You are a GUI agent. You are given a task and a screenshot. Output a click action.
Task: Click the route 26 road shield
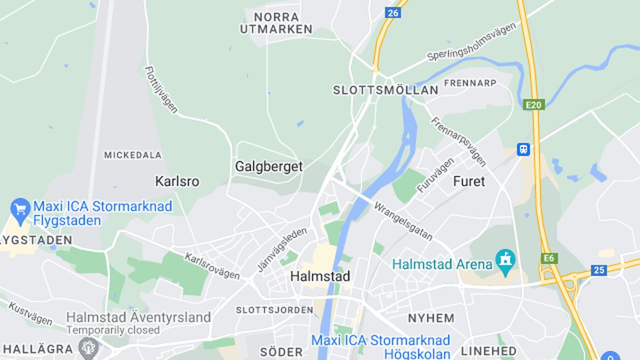[x=393, y=13]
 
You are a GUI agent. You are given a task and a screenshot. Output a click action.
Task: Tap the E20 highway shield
[x=533, y=105]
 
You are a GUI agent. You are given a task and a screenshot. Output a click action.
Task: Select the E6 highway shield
[x=548, y=259]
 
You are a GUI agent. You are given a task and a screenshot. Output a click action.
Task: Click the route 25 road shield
[x=599, y=270]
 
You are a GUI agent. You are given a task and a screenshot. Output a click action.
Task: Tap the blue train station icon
[x=523, y=149]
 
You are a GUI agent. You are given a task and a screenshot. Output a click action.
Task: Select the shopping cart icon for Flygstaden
[x=21, y=209]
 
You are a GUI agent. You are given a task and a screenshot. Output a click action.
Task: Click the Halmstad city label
[x=320, y=276]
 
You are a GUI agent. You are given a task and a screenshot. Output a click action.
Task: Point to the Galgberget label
[x=269, y=166]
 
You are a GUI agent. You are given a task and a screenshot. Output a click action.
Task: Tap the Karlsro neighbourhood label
[x=177, y=181]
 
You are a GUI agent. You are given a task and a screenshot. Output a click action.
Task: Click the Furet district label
[x=469, y=181]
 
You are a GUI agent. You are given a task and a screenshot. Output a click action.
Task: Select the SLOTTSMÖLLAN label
[x=386, y=90]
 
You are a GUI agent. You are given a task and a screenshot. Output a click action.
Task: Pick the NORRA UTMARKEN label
[x=276, y=23]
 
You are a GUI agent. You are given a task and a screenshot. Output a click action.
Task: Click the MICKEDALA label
[x=133, y=155]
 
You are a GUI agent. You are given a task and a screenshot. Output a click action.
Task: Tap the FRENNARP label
[x=470, y=83]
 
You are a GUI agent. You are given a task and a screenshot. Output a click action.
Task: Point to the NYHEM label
[x=431, y=318]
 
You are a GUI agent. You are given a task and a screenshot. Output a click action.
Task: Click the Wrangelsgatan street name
[x=403, y=221]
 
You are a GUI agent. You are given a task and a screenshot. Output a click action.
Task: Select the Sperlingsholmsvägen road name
[x=472, y=42]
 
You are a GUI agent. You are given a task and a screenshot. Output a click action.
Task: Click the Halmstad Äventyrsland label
[x=138, y=317]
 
